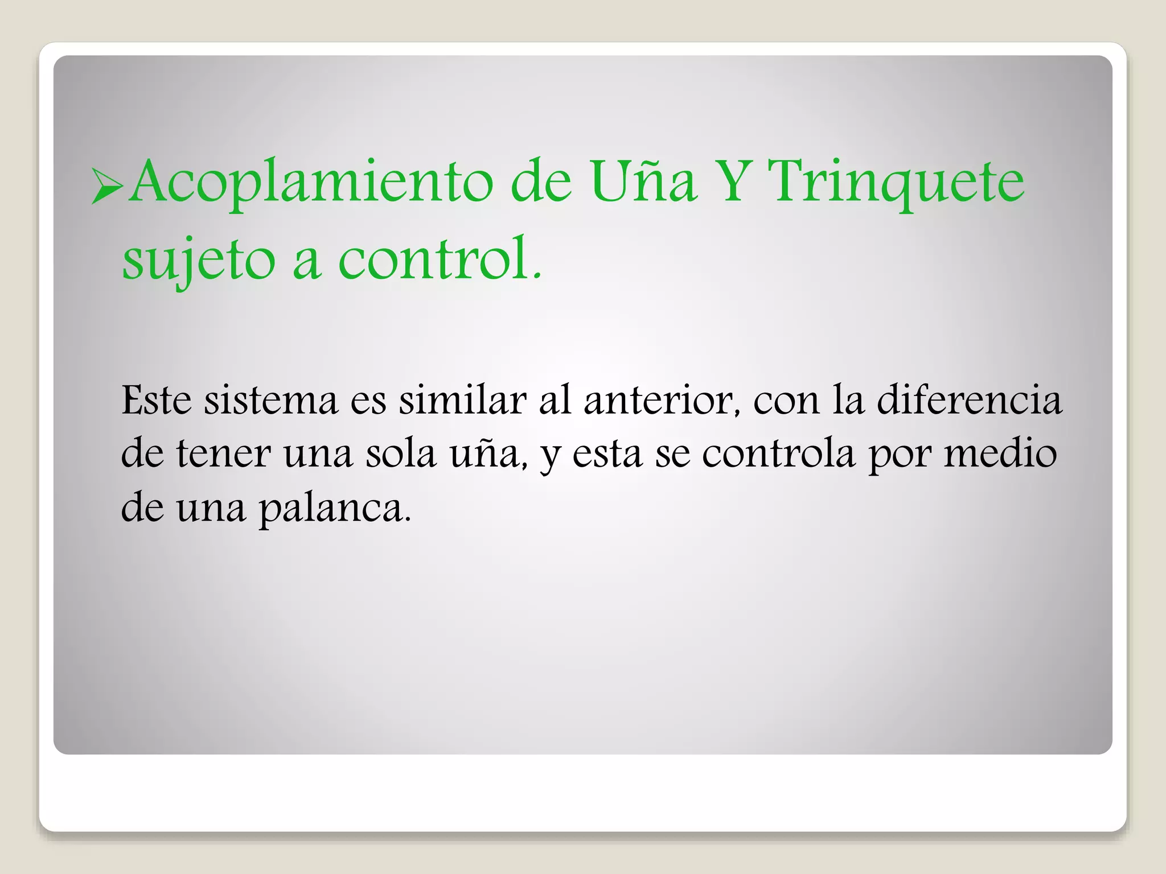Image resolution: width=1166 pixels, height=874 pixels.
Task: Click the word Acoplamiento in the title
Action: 311,182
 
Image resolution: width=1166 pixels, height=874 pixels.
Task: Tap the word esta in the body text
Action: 606,455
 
